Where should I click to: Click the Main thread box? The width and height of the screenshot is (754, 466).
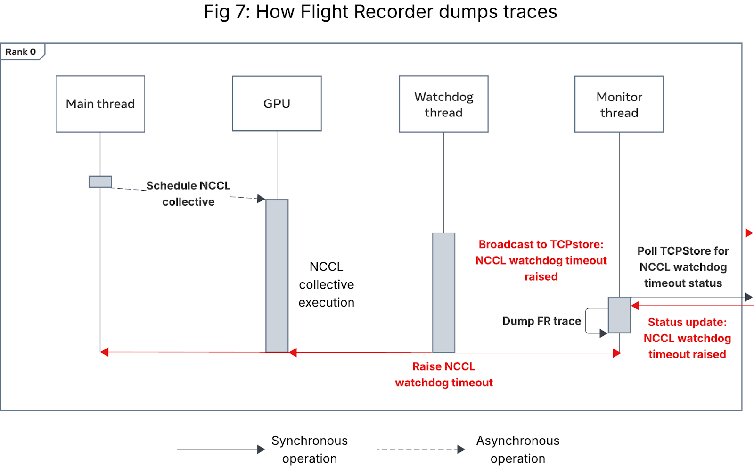click(x=100, y=104)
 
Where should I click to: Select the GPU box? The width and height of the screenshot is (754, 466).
click(x=277, y=103)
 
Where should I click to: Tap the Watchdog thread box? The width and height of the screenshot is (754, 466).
click(x=443, y=104)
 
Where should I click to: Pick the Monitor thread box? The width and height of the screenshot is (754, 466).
click(x=619, y=104)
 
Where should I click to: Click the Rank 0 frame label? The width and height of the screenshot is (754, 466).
click(x=21, y=52)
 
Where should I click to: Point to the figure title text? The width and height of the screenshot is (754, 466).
click(x=380, y=12)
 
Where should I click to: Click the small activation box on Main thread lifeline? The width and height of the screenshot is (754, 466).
click(x=100, y=182)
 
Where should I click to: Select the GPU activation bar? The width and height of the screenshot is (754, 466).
click(x=277, y=275)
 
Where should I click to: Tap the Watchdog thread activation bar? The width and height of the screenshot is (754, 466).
click(x=443, y=292)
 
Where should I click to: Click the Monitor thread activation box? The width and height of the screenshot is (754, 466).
click(x=619, y=315)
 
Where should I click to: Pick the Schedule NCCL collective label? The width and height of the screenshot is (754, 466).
click(x=188, y=193)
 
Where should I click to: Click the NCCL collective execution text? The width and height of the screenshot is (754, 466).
click(x=326, y=284)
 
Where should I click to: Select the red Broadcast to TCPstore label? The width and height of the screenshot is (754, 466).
click(x=541, y=260)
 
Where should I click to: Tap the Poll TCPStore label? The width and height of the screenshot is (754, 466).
click(x=683, y=267)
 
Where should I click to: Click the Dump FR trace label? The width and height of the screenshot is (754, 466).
click(x=541, y=321)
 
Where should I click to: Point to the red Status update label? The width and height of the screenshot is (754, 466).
click(x=687, y=338)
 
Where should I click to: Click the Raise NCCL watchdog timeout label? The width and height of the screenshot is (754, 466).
click(x=444, y=374)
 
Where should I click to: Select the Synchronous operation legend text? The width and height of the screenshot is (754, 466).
click(x=310, y=449)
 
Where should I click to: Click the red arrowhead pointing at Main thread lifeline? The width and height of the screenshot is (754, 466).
click(x=105, y=352)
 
